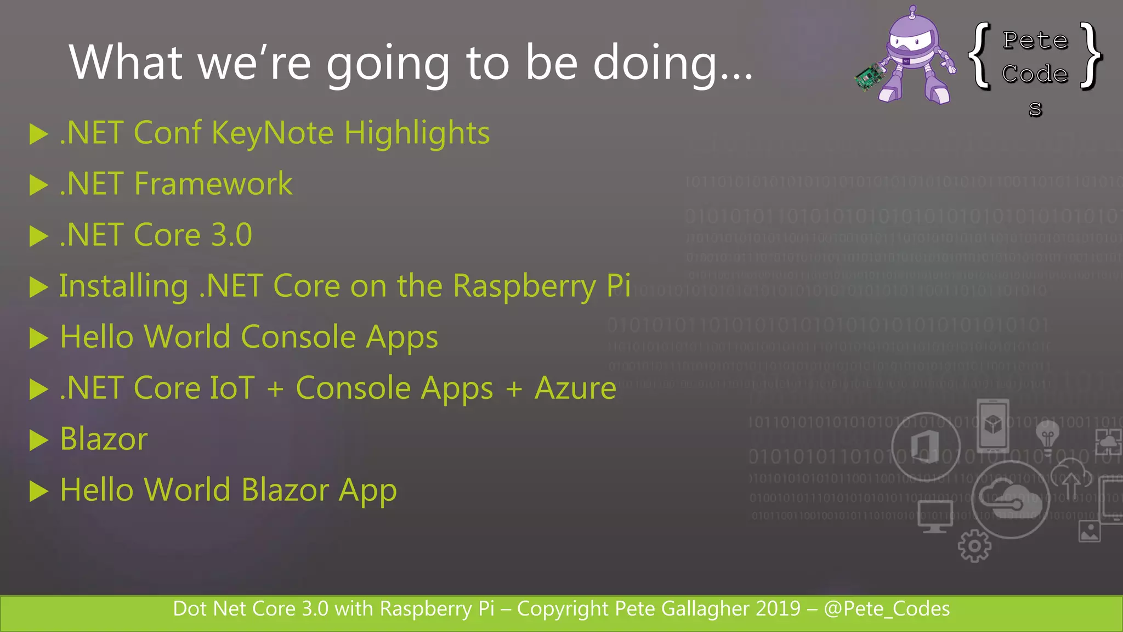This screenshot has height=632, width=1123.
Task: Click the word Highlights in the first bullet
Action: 417,133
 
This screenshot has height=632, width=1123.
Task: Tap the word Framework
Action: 213,184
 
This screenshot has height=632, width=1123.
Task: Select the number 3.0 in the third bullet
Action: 231,235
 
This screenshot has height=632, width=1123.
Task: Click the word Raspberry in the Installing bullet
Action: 524,286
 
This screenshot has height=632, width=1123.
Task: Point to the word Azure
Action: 575,388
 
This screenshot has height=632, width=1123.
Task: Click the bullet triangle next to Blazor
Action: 38,440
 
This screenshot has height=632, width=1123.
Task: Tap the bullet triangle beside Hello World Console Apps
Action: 38,338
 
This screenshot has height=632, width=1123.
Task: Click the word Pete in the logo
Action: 1035,41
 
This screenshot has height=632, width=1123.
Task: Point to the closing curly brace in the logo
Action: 1091,55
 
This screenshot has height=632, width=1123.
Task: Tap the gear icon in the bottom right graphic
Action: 974,546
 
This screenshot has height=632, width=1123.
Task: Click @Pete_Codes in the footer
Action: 887,609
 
